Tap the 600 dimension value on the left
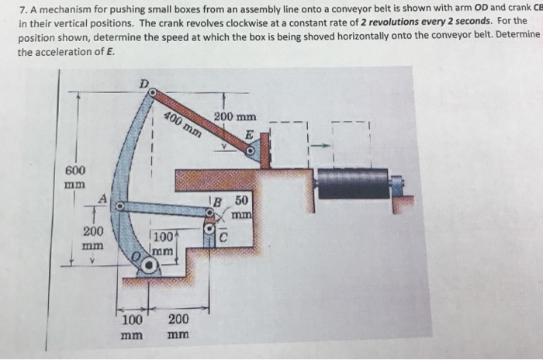click(x=76, y=170)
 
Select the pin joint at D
click(x=154, y=93)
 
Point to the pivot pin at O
click(x=147, y=264)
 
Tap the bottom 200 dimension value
click(x=178, y=319)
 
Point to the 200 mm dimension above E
click(x=230, y=118)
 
